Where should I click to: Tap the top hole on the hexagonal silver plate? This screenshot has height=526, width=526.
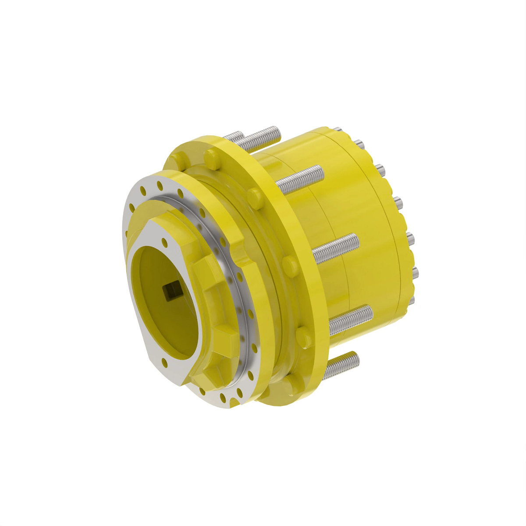164,241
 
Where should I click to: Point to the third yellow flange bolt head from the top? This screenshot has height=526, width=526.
289,264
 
